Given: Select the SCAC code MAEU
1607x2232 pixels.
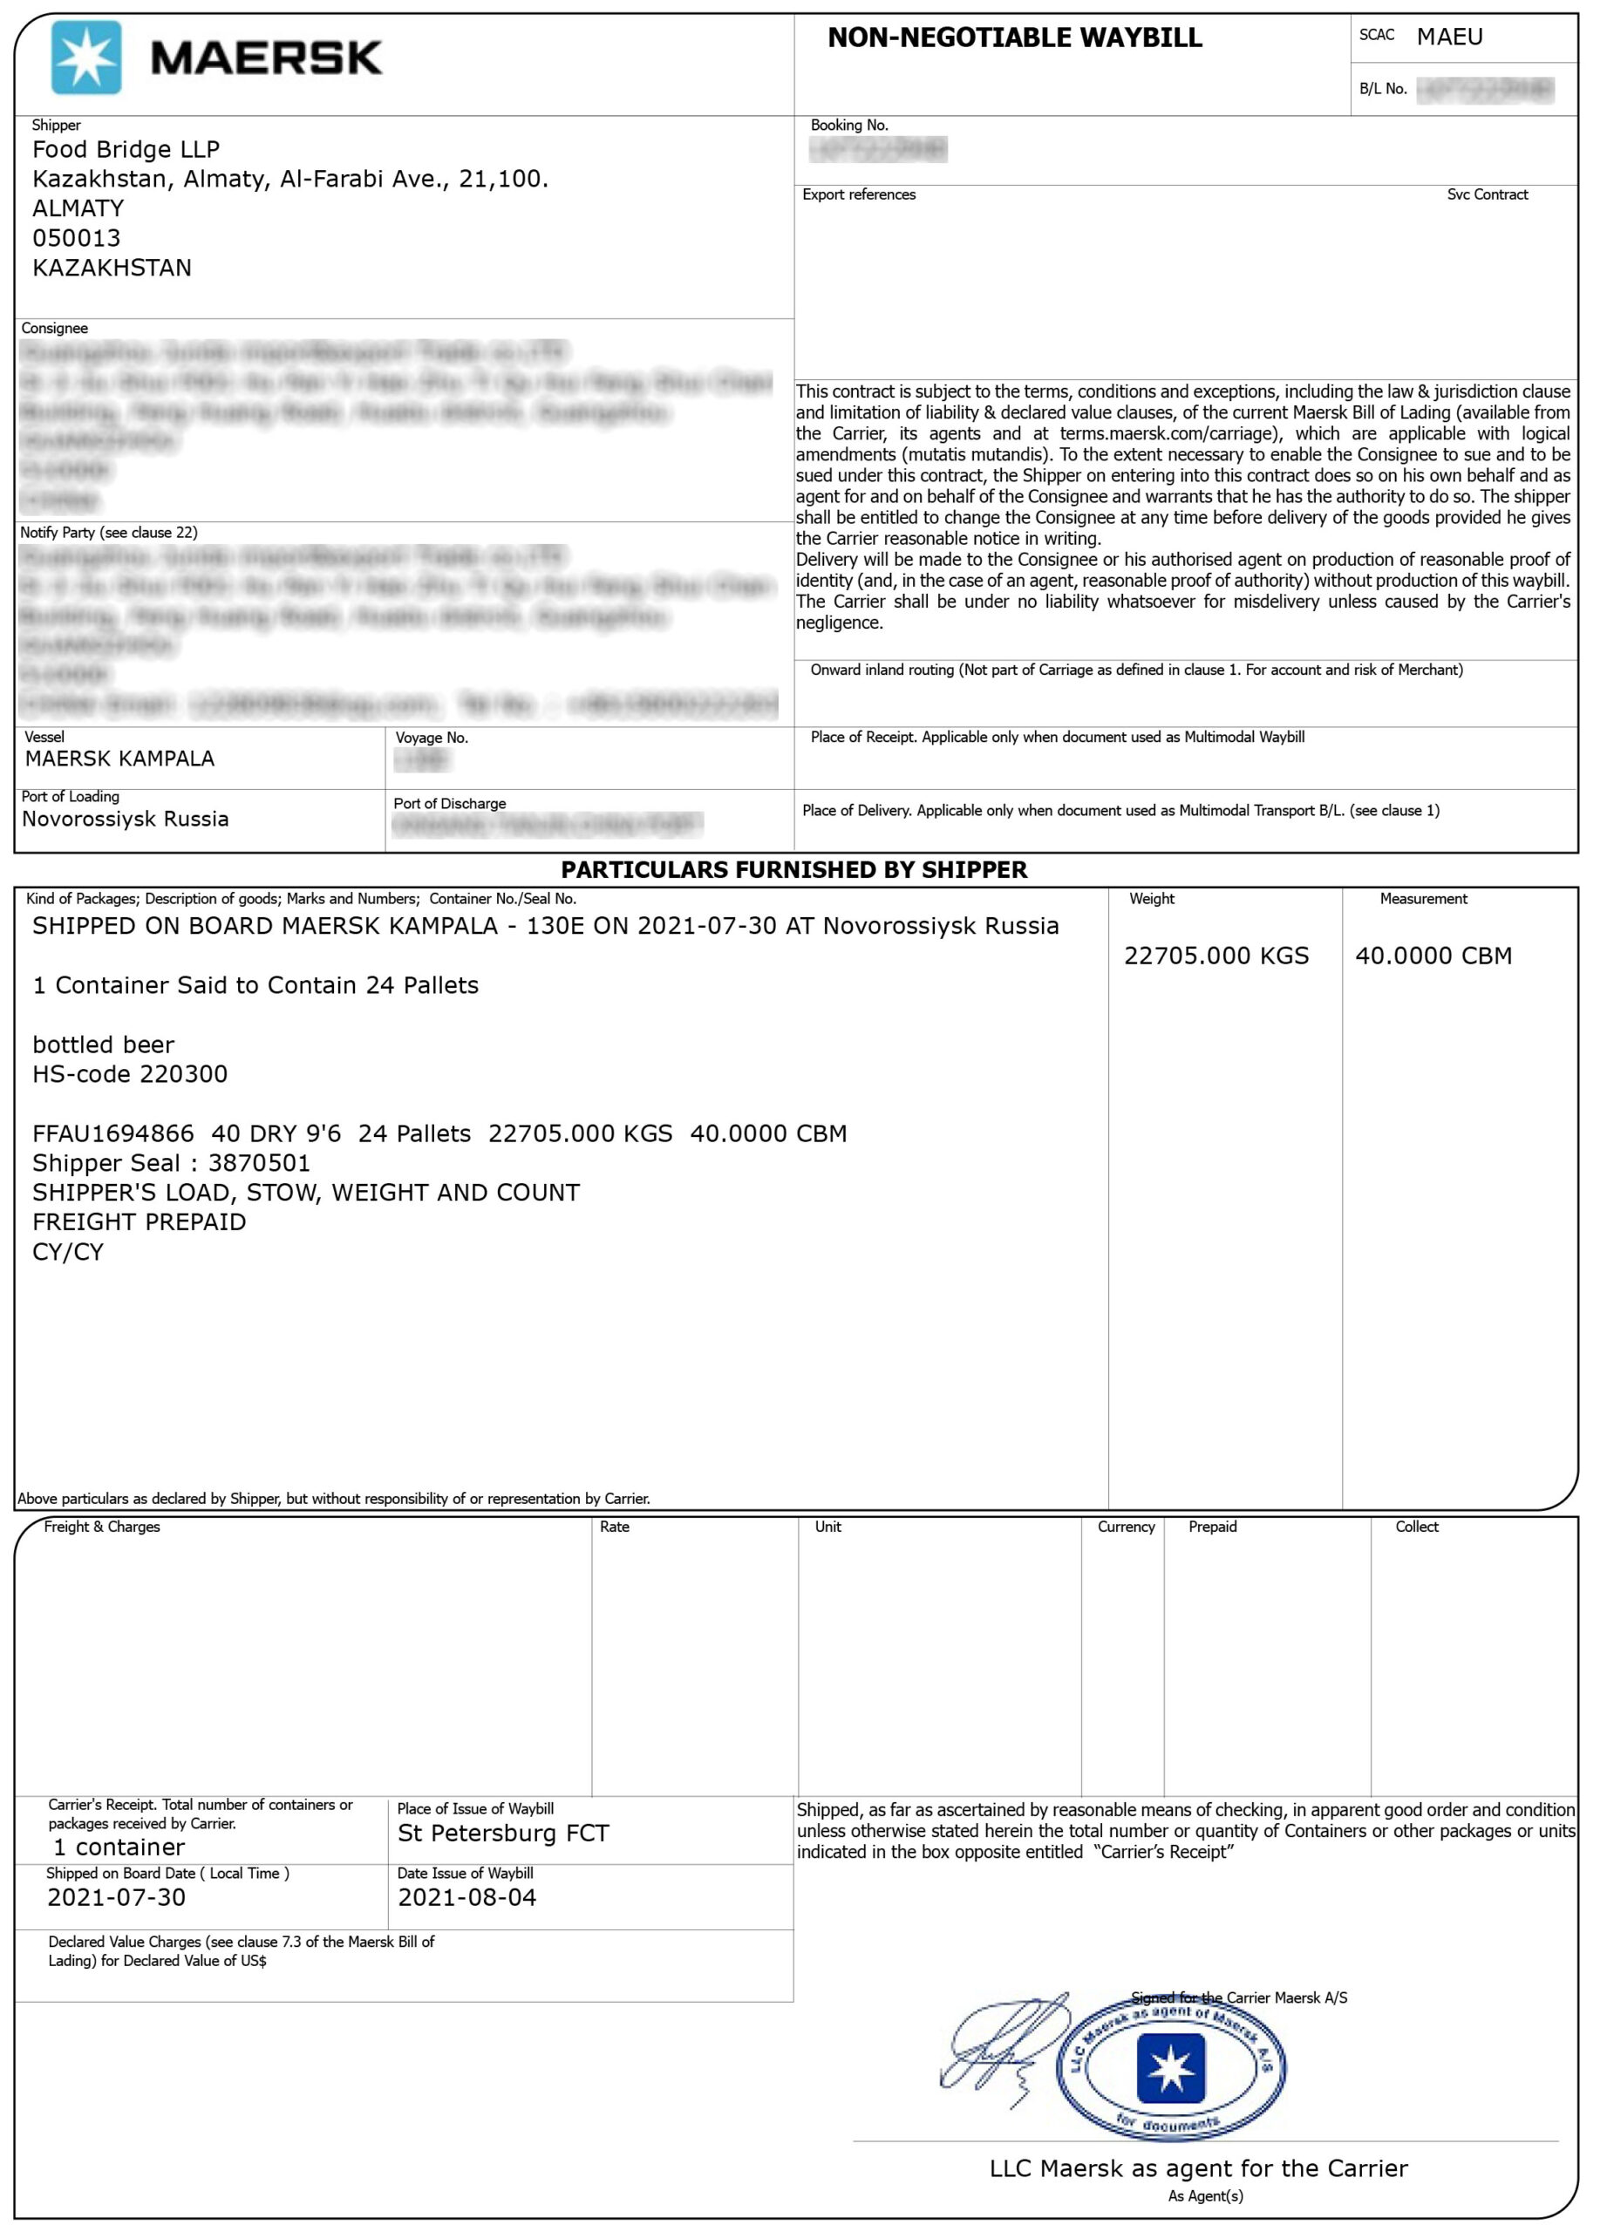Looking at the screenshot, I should point(1448,37).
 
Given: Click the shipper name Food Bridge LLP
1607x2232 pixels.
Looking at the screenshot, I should point(126,150).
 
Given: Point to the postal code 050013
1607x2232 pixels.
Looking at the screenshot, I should point(77,238).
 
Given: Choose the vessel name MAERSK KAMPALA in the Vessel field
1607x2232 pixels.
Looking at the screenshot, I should point(119,759).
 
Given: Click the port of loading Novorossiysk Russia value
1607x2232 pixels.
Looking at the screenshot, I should point(125,819).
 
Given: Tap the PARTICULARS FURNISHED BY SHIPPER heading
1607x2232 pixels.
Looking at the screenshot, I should point(793,870).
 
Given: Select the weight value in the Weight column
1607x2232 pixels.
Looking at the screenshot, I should point(1215,956).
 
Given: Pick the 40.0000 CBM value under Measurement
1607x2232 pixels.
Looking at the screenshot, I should point(1433,956).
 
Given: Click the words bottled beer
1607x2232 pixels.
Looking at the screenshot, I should point(104,1045).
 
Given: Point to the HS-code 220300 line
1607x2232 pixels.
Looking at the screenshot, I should point(130,1073).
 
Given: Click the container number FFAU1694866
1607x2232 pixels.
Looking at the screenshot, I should point(113,1133).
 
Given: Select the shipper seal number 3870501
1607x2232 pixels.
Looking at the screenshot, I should point(259,1163).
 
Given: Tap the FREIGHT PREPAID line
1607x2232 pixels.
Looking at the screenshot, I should point(139,1222).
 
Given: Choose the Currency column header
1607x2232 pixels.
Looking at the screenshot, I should point(1126,1528).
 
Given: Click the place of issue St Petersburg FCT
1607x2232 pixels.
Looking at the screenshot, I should point(503,1834).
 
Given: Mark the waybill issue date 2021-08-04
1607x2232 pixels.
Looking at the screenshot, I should point(466,1897).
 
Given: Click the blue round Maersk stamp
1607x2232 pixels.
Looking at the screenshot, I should point(1170,2066).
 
